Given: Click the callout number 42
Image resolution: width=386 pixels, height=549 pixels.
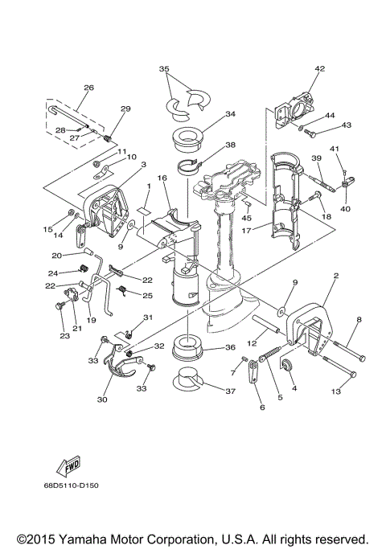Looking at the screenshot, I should (x=319, y=70).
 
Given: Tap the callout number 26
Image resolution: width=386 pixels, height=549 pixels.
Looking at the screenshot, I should (x=88, y=88).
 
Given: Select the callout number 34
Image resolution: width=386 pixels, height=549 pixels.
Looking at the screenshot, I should (x=231, y=114).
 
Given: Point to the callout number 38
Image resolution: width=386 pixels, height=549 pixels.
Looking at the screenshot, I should (x=230, y=145).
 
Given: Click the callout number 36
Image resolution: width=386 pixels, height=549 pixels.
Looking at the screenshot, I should (x=230, y=348).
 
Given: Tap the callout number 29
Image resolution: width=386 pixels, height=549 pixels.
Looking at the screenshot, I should (x=125, y=109).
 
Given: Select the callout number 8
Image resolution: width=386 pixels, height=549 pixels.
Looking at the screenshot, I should (x=359, y=320).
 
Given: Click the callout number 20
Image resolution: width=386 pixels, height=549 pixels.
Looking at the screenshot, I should (x=58, y=256).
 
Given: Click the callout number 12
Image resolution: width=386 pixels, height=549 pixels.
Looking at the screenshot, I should (x=252, y=343).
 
